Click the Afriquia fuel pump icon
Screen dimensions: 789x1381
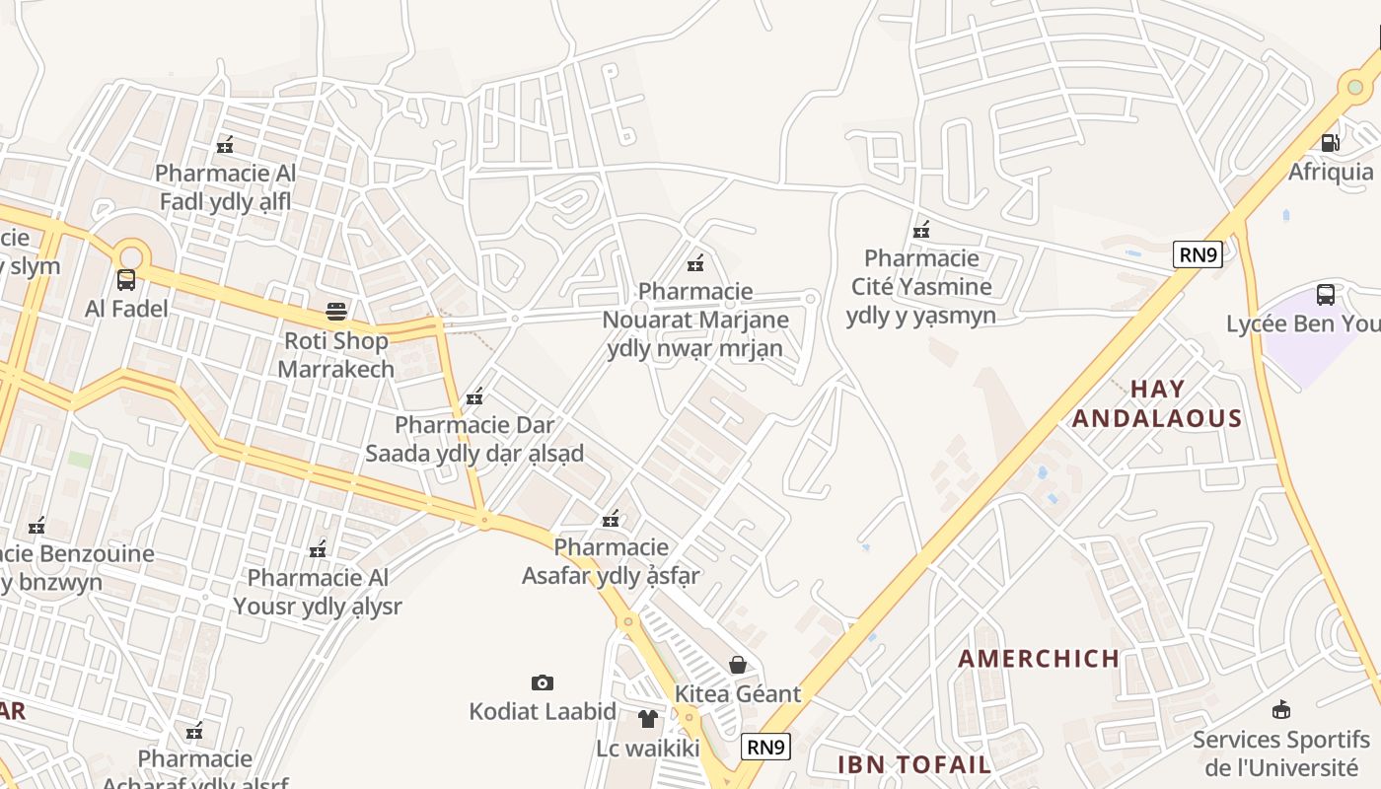click(x=1330, y=143)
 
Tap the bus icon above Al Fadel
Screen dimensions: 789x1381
click(x=126, y=280)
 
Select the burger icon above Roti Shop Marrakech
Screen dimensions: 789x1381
click(x=336, y=313)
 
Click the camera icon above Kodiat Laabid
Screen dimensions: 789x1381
click(x=542, y=682)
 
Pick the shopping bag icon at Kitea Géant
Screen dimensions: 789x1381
click(x=737, y=665)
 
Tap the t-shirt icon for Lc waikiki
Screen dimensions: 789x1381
click(x=648, y=719)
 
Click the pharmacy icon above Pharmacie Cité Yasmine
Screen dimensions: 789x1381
click(x=921, y=230)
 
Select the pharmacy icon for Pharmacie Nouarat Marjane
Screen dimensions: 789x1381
click(x=695, y=262)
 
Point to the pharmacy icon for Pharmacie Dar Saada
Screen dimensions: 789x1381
click(x=474, y=396)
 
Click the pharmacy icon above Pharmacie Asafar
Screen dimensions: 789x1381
click(x=611, y=518)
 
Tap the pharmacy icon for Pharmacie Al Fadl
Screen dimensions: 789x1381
click(x=225, y=145)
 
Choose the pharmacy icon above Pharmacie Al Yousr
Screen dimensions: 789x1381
click(x=318, y=548)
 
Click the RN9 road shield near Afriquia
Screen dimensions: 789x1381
click(x=1198, y=254)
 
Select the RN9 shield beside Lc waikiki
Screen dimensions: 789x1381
click(x=765, y=747)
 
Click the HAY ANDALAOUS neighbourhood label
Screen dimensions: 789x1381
click(x=1157, y=403)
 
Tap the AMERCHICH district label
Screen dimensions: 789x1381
click(x=1039, y=659)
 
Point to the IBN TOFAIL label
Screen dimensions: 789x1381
click(x=914, y=764)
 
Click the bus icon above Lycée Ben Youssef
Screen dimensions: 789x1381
click(x=1326, y=294)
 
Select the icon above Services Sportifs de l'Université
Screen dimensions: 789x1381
click(x=1281, y=709)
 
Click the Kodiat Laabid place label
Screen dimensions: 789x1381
click(x=543, y=711)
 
